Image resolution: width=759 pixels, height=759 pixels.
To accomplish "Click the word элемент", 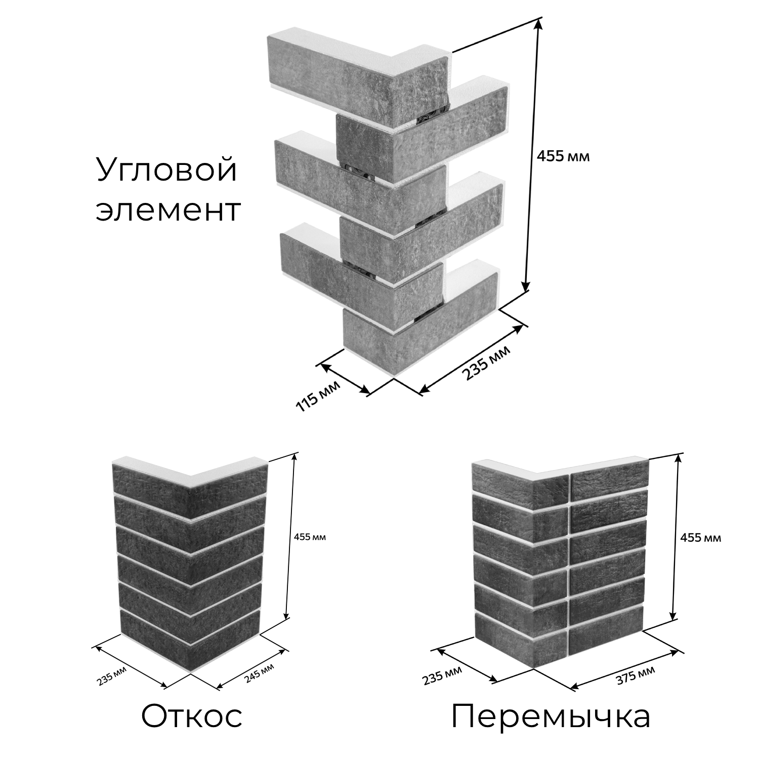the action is click(167, 211).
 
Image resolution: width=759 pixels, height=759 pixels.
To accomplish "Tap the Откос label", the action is click(192, 716).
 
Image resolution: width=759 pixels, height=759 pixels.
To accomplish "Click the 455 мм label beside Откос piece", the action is click(310, 537).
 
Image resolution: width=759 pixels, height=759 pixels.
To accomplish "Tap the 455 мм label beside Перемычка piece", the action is click(701, 537).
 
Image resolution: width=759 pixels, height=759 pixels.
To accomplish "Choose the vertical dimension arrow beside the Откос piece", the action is click(291, 536).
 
